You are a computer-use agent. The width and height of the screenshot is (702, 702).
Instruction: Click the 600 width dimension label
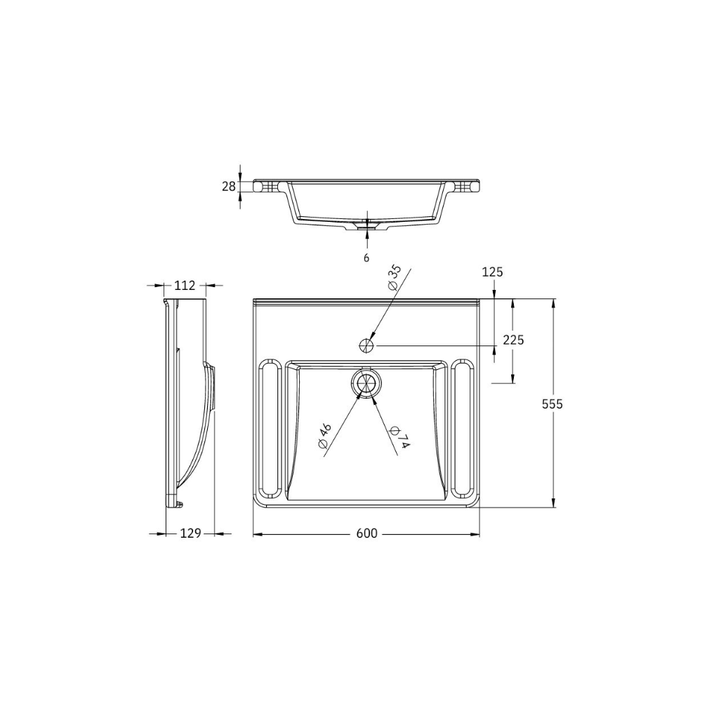point(366,534)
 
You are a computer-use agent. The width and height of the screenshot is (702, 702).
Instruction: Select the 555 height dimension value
point(552,404)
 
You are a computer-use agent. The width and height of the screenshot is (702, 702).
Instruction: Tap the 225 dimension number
point(514,340)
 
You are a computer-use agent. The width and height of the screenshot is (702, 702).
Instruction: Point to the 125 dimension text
point(493,272)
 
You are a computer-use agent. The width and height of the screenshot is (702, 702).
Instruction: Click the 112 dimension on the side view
point(184,285)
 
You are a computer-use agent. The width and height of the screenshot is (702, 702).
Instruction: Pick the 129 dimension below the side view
point(190,534)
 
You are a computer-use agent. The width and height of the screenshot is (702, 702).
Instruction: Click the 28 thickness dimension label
point(229,186)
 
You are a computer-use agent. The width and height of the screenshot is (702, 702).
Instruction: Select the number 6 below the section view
point(366,258)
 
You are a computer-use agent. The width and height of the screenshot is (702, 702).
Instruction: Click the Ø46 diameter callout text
point(324,436)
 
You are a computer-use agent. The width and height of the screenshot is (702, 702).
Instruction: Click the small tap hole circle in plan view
point(366,345)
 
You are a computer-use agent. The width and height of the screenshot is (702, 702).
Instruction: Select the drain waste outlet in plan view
point(366,384)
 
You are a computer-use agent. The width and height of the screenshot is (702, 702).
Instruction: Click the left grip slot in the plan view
point(270,430)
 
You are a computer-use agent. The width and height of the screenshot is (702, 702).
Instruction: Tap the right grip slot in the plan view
point(463,430)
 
